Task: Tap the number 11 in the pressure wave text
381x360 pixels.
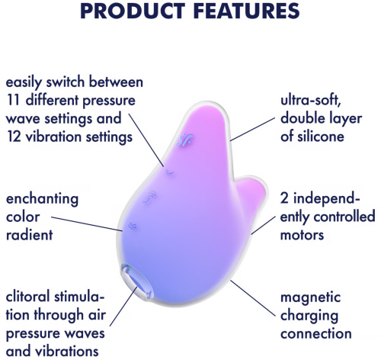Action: coord(14,100)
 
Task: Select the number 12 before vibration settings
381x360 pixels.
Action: coord(14,137)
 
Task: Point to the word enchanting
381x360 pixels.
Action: coord(42,199)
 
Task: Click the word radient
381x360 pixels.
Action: coord(30,235)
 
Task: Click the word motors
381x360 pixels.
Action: coord(304,235)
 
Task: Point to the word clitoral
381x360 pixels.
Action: coord(32,297)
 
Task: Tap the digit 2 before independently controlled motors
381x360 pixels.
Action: coord(285,198)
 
